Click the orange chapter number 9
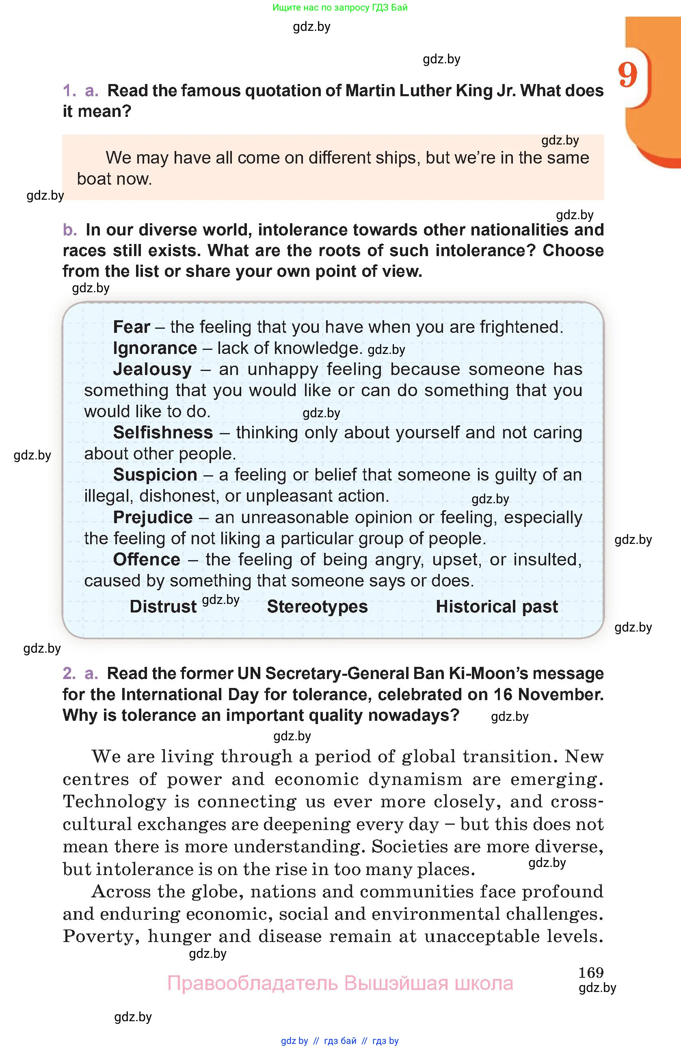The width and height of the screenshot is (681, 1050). [x=627, y=75]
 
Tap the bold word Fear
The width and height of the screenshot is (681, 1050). [x=132, y=327]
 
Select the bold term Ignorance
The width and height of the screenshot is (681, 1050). [x=155, y=348]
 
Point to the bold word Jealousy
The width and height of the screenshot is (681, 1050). [x=152, y=369]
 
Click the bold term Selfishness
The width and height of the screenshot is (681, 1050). [x=163, y=432]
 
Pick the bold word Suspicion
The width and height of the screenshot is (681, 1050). [x=155, y=475]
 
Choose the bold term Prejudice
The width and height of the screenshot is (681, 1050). [x=153, y=517]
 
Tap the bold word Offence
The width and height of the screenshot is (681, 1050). [x=147, y=559]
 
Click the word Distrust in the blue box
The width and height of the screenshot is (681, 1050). [x=163, y=607]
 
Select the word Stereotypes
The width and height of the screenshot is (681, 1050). [x=317, y=607]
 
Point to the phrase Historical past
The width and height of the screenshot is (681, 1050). [x=497, y=607]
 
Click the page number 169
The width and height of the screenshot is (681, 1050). [x=590, y=972]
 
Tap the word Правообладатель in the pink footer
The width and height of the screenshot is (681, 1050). [x=252, y=983]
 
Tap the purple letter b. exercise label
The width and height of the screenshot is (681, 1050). [x=70, y=230]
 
